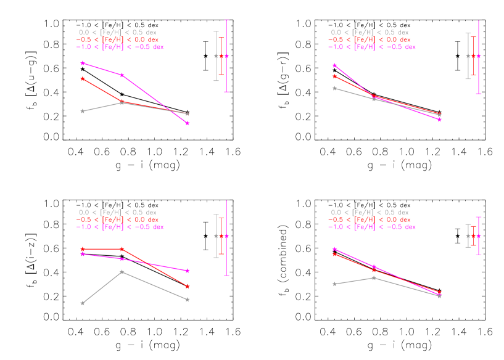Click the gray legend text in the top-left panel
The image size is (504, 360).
point(117,32)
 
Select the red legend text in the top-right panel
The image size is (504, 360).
point(370,39)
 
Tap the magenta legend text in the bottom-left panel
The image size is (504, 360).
point(120,227)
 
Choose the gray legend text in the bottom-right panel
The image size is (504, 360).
point(370,212)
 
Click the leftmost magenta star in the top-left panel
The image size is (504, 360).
point(82,63)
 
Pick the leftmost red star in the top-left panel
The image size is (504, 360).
point(82,79)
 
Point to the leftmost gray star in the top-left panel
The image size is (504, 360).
point(82,111)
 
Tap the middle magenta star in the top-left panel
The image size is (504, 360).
point(122,75)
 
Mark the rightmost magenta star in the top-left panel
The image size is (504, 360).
point(188,123)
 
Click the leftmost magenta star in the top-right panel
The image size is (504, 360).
point(334,65)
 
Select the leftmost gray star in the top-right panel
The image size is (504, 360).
point(334,88)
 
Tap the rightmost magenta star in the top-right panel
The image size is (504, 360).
point(439,120)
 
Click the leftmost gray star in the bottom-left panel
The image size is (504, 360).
point(82,303)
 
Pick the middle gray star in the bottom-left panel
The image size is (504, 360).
point(122,271)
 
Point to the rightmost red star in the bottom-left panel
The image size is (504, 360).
point(188,286)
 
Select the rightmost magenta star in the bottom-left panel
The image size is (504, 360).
point(188,271)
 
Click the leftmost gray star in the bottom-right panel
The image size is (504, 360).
point(334,284)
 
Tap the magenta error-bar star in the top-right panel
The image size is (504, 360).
point(479,56)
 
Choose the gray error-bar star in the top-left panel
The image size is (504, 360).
point(216,55)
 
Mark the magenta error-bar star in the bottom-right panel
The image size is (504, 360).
point(479,236)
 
